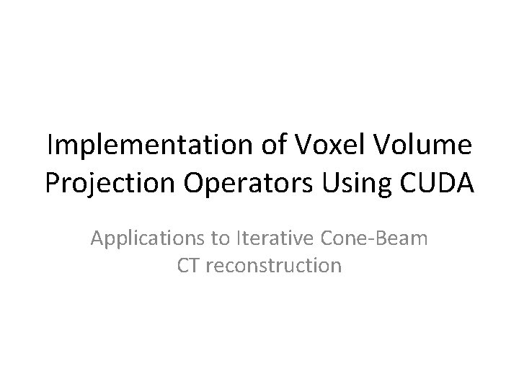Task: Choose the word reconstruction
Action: tap(275, 266)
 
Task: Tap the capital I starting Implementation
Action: tap(50, 148)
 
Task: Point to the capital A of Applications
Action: tap(98, 238)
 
